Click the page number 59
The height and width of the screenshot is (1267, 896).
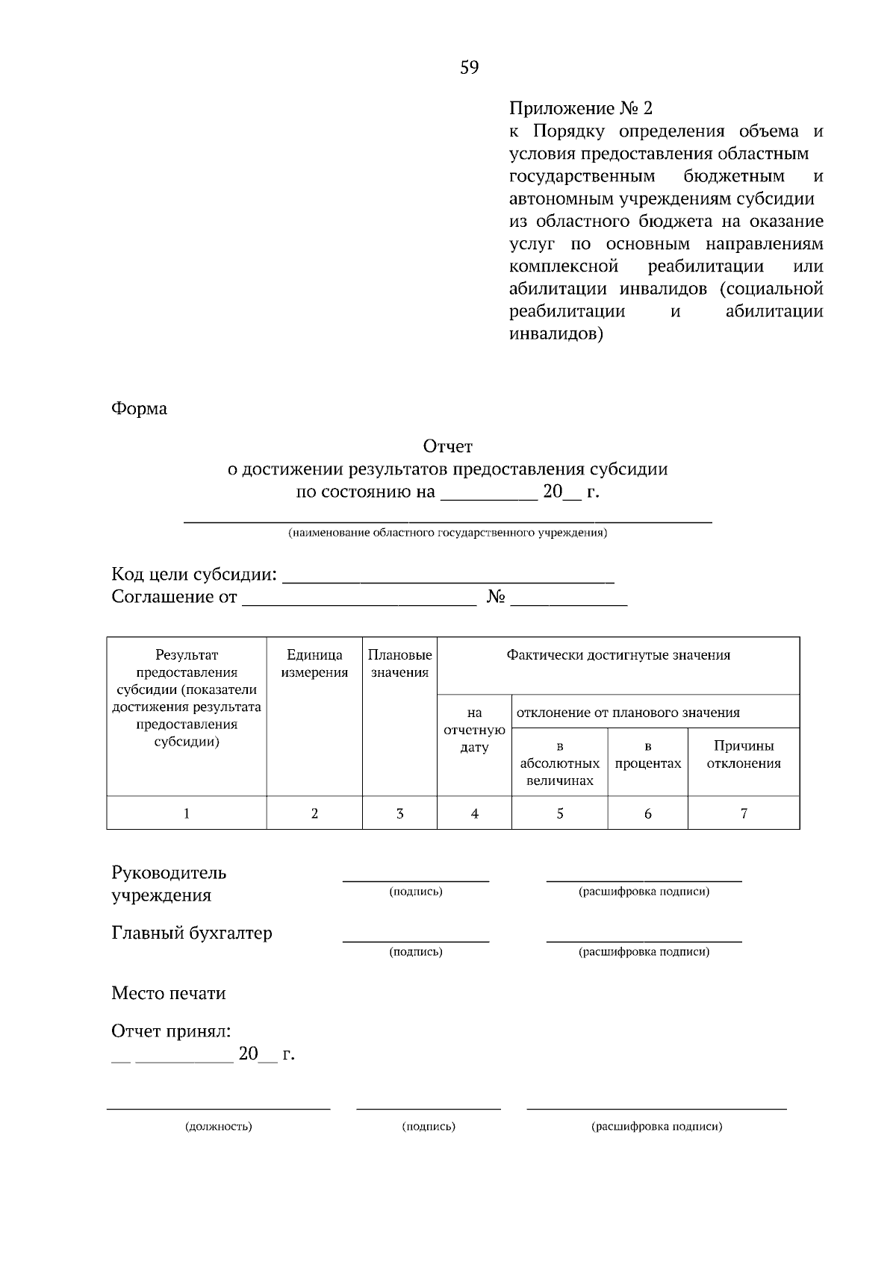point(469,68)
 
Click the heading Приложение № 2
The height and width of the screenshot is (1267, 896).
point(580,109)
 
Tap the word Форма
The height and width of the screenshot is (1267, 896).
point(139,409)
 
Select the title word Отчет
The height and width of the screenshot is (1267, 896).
point(447,447)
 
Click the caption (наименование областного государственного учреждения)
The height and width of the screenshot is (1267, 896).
point(447,534)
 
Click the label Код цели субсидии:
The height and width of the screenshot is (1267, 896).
point(194,575)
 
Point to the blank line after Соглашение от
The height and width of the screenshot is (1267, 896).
point(358,599)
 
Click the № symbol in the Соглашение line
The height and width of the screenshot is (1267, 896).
point(497,598)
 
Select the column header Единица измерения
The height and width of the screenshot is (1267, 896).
point(314,664)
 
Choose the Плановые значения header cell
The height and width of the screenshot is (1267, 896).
point(399,664)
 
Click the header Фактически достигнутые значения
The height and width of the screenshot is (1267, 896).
point(618,656)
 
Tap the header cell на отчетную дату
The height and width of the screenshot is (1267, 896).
point(474,730)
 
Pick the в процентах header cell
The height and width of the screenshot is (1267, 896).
point(647,755)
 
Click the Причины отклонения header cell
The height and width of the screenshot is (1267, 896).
point(744,755)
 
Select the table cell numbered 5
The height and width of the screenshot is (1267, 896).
point(560,814)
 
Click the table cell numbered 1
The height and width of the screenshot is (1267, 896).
point(187,814)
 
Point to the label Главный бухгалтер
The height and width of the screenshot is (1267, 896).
point(192,933)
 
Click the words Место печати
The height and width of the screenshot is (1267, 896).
point(168,994)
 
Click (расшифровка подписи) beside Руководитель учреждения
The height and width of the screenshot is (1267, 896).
point(644,892)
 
